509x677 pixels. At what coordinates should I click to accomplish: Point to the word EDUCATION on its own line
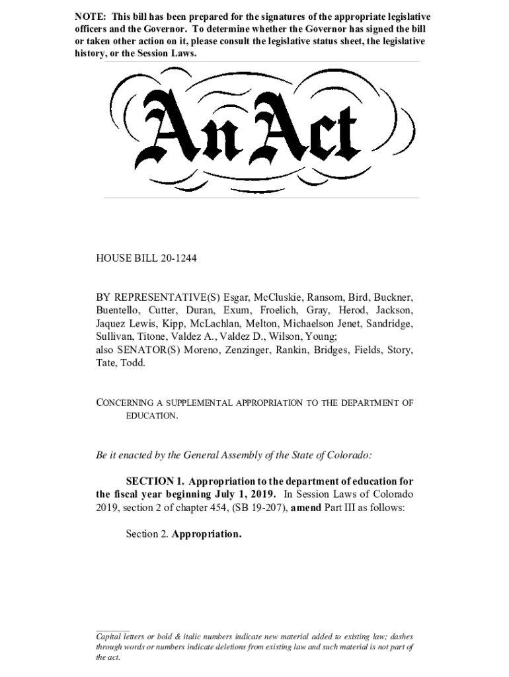pos(151,416)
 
